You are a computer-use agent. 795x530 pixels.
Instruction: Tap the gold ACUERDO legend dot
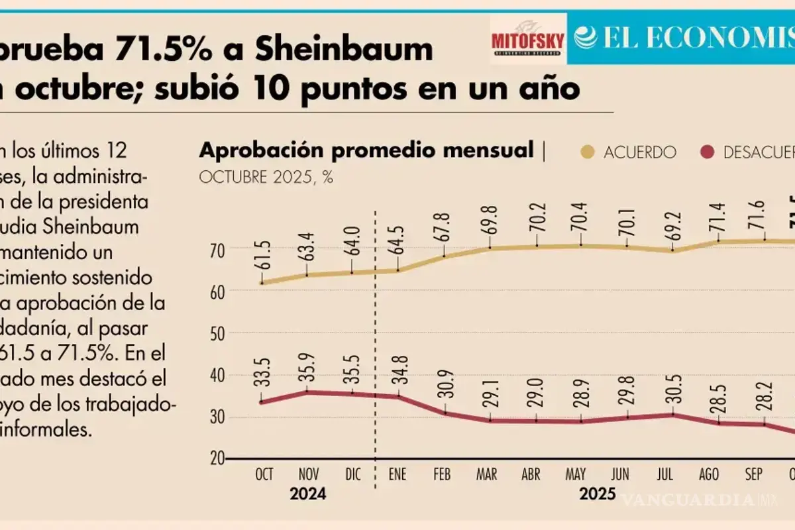(586, 152)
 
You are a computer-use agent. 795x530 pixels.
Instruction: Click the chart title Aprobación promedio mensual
(366, 150)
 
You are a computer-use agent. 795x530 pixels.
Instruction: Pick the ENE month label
(397, 475)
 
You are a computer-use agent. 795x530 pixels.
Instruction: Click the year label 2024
(307, 494)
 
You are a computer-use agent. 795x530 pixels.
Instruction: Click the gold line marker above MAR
(490, 248)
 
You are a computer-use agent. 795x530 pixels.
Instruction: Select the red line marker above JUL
(673, 414)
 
